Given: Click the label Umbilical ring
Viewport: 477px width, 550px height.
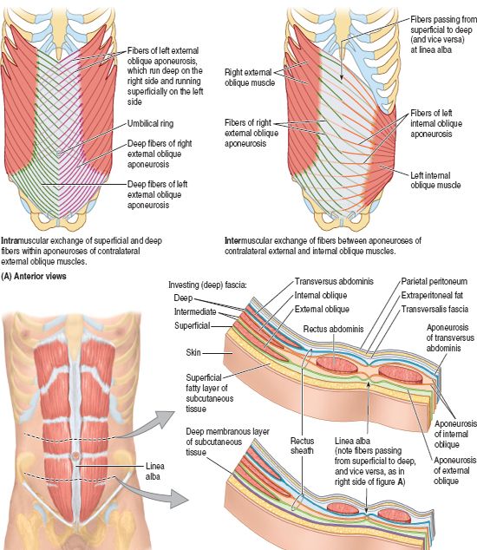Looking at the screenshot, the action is point(150,123).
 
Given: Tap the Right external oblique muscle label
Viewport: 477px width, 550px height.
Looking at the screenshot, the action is point(250,77).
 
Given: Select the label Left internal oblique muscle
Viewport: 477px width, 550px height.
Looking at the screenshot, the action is point(435,180).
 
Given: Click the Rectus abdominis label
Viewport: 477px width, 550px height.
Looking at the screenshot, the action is point(333,329).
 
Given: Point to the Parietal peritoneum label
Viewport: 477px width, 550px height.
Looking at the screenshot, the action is point(435,281).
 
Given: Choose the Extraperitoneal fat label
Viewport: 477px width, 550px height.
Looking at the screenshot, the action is point(432,295).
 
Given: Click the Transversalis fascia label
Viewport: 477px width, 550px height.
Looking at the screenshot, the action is point(435,309).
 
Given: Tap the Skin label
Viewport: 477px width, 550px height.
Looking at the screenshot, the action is point(193,352).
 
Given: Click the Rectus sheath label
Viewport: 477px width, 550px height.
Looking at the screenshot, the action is point(302,446).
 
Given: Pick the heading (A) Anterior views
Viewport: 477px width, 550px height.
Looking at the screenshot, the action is point(34,277).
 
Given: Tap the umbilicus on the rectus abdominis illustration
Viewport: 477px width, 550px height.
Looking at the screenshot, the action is point(75,455).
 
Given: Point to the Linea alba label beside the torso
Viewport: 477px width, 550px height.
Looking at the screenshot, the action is point(154,471).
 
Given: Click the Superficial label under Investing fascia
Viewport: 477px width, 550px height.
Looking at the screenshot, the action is point(193,325).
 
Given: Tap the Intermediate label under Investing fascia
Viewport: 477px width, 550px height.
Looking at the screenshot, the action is point(195,311).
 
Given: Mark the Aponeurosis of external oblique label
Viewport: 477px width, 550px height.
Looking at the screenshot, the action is point(455,470).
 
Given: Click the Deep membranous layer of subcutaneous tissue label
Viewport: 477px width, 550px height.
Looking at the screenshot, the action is point(227,442).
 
